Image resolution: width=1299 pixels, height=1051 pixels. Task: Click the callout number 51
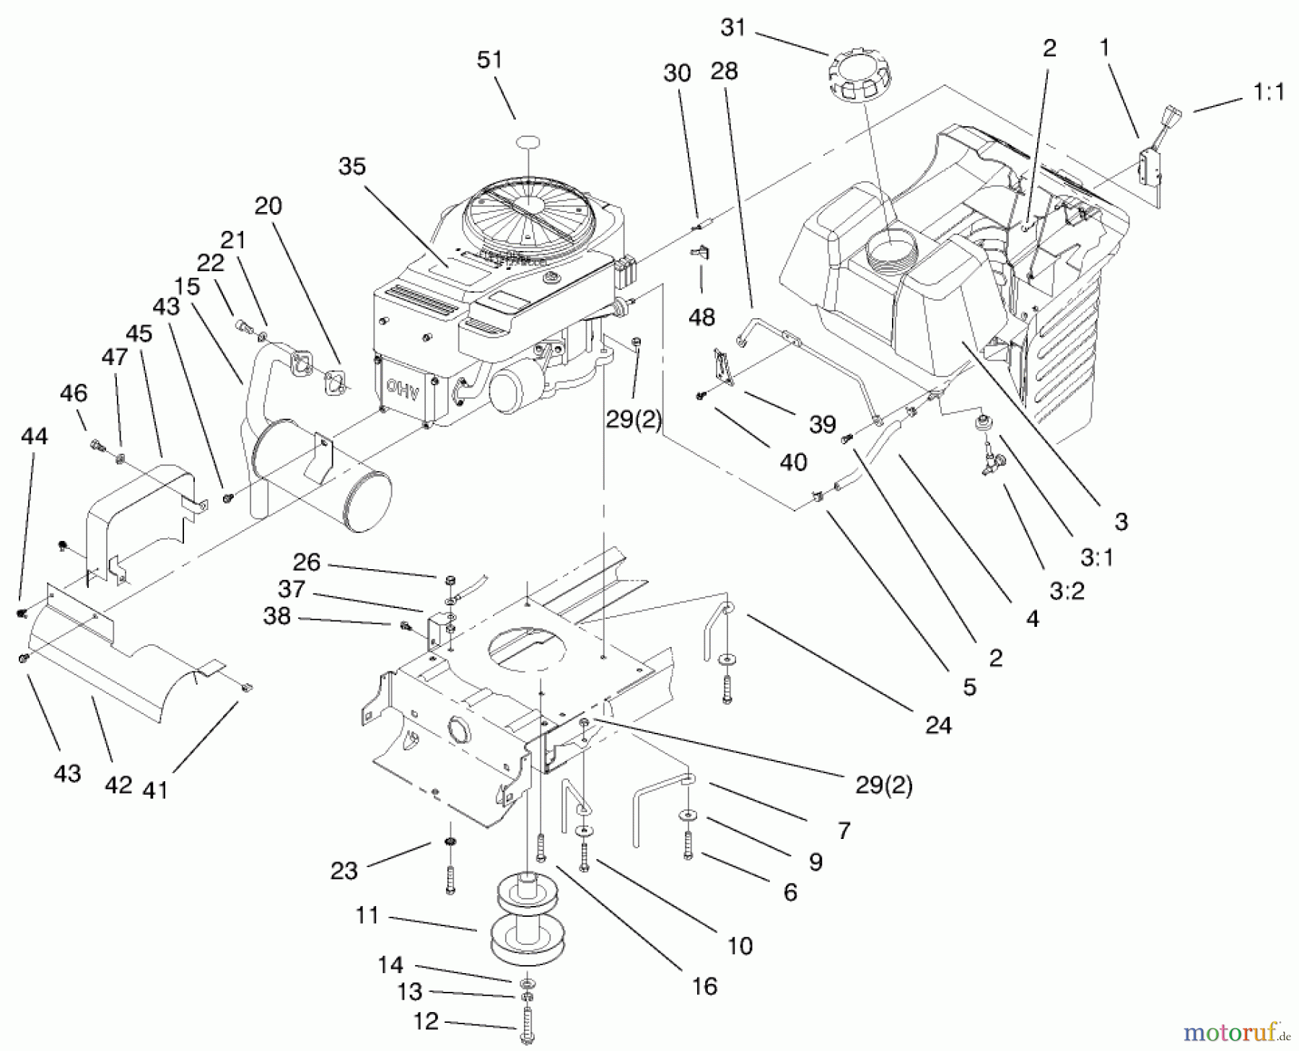(489, 60)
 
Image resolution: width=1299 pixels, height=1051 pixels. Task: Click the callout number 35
(352, 167)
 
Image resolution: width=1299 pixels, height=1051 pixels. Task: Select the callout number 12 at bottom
(426, 1021)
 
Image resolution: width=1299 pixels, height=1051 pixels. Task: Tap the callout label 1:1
(1268, 92)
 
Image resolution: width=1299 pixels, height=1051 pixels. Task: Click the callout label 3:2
(1067, 592)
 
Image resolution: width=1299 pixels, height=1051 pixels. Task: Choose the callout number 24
(937, 725)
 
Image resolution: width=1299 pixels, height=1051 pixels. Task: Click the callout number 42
(118, 784)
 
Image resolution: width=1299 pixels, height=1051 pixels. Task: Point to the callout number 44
(35, 436)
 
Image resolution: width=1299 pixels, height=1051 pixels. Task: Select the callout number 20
(268, 206)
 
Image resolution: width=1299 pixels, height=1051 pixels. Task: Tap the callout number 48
(701, 317)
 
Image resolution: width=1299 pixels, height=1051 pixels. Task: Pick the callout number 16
(704, 986)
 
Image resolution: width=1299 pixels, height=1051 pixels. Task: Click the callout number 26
(307, 562)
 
